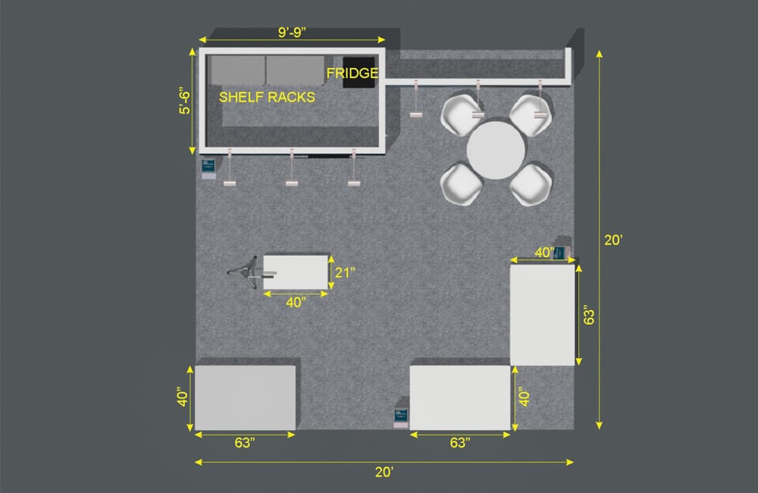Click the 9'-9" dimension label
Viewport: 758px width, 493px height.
(292, 32)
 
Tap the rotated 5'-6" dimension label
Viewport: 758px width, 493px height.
(185, 101)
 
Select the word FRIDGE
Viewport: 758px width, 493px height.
(352, 73)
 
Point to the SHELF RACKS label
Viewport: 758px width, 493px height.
(267, 97)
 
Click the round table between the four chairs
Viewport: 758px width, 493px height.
(496, 150)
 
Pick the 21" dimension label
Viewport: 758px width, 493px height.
(345, 273)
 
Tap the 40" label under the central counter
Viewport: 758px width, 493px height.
(296, 303)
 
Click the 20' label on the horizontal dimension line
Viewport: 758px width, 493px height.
(384, 473)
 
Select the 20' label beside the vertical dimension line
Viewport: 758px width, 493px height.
(613, 240)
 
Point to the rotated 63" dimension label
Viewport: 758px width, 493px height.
(588, 315)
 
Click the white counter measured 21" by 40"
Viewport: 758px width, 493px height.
(296, 272)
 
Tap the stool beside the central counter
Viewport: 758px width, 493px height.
(250, 272)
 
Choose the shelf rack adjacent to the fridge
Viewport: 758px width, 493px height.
(295, 71)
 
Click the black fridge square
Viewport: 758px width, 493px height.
(359, 73)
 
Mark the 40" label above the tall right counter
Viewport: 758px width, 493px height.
(544, 253)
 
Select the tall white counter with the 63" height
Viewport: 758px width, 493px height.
(543, 315)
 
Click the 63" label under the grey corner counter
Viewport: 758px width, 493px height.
(245, 443)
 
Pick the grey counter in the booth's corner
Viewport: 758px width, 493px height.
(245, 397)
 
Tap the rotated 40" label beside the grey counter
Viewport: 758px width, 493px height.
(182, 397)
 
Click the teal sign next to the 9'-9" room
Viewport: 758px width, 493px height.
(208, 168)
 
